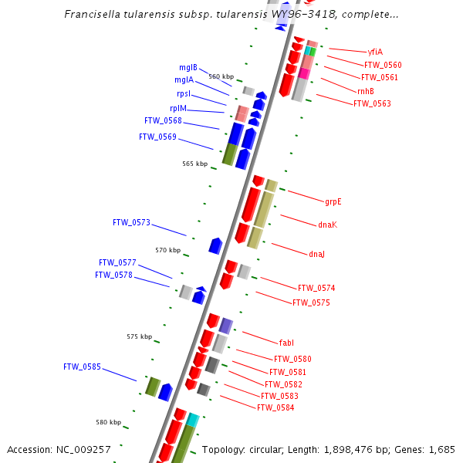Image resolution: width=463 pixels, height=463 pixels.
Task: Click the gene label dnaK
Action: point(327,225)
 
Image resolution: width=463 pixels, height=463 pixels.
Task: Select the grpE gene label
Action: point(333,202)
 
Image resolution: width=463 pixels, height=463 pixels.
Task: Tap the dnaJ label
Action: point(316,254)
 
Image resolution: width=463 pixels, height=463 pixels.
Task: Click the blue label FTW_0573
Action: point(131,222)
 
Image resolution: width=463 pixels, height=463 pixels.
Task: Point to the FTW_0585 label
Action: point(82,367)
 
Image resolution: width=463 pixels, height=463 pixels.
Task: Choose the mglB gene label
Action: point(188,67)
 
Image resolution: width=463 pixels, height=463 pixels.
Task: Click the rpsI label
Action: point(184,94)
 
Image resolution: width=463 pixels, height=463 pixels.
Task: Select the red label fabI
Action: point(286,342)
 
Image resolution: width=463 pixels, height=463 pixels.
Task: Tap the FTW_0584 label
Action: point(275,407)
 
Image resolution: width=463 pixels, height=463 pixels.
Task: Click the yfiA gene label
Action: point(375,52)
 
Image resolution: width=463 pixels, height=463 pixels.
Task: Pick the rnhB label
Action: point(365,91)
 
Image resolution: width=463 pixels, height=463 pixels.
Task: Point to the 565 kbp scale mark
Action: point(194,164)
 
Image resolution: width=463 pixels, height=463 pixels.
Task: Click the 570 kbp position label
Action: point(167,250)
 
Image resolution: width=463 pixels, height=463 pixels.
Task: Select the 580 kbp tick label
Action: point(108,422)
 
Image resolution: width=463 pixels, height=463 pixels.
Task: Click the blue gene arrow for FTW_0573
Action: point(215,246)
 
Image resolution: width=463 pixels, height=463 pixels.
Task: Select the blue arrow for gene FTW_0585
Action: point(165,392)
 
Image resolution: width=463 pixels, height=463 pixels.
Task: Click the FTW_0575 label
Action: point(311,302)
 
